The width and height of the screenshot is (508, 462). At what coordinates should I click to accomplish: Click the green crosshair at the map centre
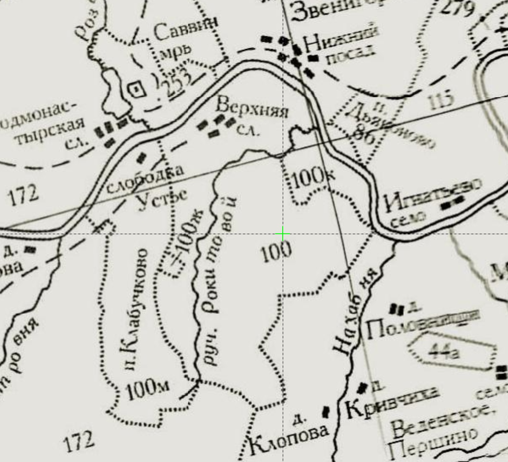[x=283, y=234]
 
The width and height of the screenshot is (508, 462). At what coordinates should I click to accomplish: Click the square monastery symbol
[x=136, y=89]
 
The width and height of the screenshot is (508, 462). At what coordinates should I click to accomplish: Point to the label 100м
[x=148, y=389]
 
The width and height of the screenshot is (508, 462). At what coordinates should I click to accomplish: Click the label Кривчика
[x=391, y=402]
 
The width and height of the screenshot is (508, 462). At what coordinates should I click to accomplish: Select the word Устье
[x=163, y=198]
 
